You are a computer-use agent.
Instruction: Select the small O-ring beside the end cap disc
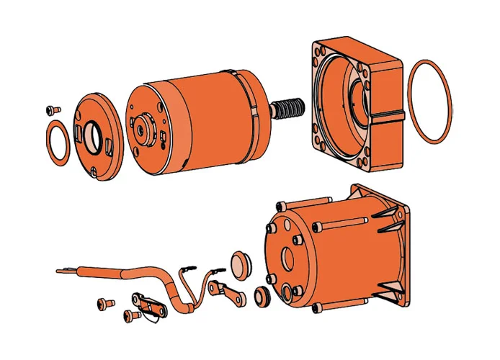58,141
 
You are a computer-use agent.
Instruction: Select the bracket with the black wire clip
148,302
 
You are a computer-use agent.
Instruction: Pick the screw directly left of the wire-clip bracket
105,302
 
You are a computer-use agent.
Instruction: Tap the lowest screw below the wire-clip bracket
131,315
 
